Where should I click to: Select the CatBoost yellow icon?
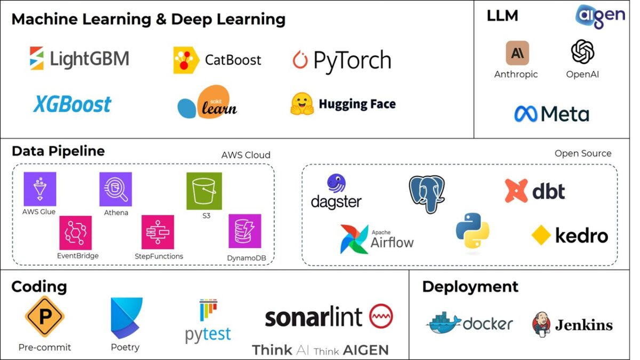tap(186, 60)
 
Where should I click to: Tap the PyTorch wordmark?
tap(352, 61)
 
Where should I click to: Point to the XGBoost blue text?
tap(72, 104)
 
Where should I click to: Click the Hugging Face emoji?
tap(302, 104)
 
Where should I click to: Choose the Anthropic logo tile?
tap(517, 53)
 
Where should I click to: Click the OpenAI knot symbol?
tap(582, 52)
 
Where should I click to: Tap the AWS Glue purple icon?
tap(39, 189)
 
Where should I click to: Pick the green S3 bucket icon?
tap(204, 191)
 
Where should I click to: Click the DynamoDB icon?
tap(245, 231)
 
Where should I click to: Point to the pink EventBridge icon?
tap(76, 233)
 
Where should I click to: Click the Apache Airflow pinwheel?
tap(354, 239)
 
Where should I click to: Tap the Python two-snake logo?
tap(473, 231)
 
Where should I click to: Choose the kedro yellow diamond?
tap(541, 235)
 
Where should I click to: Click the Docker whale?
tap(444, 324)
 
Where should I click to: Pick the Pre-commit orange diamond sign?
tap(45, 317)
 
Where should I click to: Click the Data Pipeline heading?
tap(58, 151)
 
